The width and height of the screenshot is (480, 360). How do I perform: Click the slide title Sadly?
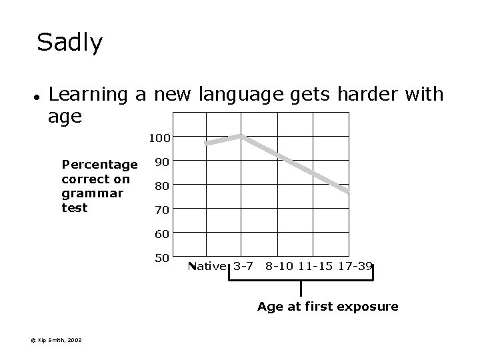point(70,43)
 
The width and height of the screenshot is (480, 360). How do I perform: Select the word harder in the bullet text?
point(361,94)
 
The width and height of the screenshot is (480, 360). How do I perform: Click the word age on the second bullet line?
point(65,117)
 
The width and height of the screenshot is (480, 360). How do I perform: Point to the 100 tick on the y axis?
point(160,138)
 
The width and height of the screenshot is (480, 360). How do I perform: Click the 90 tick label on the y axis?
point(161,162)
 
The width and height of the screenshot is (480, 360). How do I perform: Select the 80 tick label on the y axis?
point(161,186)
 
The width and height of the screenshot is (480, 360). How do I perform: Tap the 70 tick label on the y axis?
point(161,210)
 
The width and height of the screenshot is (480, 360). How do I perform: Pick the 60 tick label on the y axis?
point(161,234)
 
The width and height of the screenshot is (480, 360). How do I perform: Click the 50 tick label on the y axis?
point(161,258)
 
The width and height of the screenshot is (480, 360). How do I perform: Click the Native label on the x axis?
point(207,267)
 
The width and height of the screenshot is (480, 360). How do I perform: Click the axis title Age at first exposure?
point(328,307)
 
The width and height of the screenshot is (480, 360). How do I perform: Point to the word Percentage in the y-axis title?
point(99,165)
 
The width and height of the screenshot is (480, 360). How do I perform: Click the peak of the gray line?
point(241,137)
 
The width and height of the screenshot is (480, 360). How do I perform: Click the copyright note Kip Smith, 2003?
point(56,340)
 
